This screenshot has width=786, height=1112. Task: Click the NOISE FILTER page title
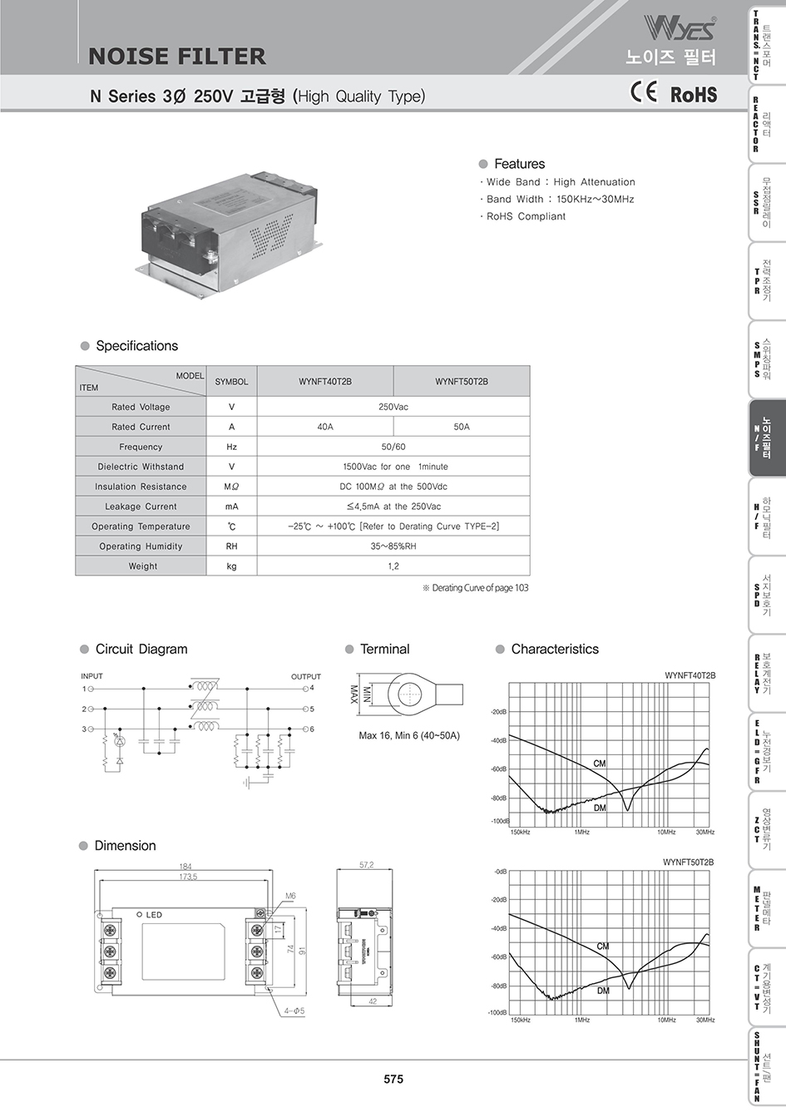(x=177, y=57)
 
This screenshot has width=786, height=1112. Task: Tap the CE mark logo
(x=644, y=92)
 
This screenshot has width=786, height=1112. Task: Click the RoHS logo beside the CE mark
(x=694, y=94)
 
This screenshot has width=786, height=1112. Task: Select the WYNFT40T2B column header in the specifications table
(x=325, y=382)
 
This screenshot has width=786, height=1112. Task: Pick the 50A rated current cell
(x=462, y=427)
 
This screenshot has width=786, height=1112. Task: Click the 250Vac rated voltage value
(x=393, y=407)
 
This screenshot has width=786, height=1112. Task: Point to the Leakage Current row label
(x=141, y=507)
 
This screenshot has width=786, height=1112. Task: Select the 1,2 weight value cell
(x=393, y=566)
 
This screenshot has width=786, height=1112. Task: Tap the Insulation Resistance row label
(x=141, y=487)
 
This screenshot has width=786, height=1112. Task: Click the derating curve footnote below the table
(x=475, y=588)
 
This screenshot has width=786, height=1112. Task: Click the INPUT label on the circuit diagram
(x=91, y=676)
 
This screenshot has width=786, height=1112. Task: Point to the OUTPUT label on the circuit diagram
(x=305, y=676)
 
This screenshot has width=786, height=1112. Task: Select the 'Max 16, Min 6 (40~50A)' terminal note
(x=408, y=735)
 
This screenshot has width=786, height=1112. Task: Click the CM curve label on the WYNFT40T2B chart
(x=600, y=764)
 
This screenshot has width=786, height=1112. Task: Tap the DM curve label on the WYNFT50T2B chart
(x=603, y=991)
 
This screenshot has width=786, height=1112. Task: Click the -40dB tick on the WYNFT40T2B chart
(x=498, y=740)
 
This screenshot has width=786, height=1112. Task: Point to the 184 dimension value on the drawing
(x=185, y=867)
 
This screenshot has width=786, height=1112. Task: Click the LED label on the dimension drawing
(x=154, y=915)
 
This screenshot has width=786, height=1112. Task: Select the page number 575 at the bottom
(x=393, y=1079)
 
